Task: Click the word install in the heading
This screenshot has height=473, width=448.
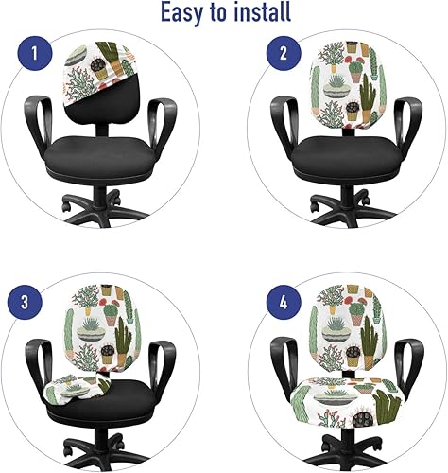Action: point(259,12)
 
